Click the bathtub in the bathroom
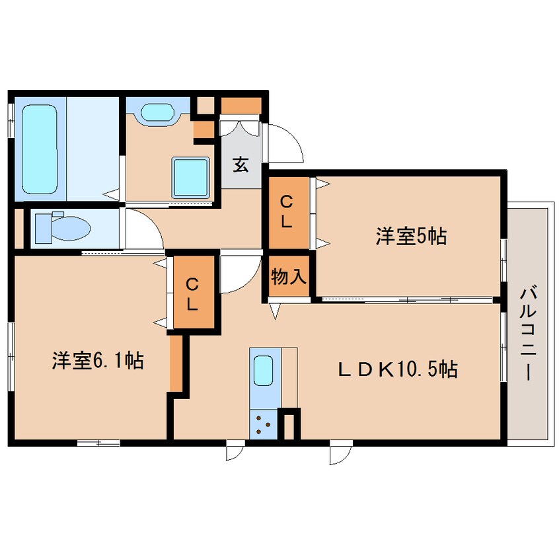(x=40, y=149)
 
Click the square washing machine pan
(x=191, y=176)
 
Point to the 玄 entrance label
(x=241, y=165)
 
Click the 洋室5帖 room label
(x=411, y=236)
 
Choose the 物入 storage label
(x=289, y=277)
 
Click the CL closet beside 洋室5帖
(x=286, y=212)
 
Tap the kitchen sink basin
(x=264, y=372)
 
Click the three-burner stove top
(x=264, y=424)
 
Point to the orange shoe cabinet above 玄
(x=242, y=106)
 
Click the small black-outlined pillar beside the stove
(x=289, y=425)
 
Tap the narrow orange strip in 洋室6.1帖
(x=175, y=363)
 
